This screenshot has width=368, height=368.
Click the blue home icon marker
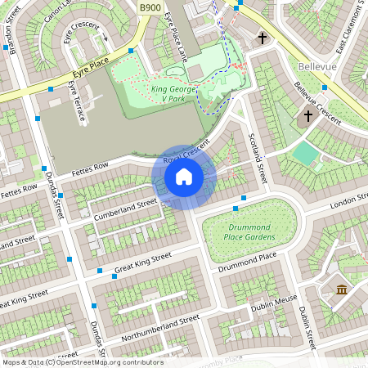pyautogui.click(x=184, y=177)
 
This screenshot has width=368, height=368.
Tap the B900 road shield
pyautogui.click(x=150, y=7)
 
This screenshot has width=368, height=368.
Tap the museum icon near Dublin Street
pyautogui.click(x=341, y=289)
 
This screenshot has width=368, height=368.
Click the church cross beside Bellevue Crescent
pyautogui.click(x=308, y=117)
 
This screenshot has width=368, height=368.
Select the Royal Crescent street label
pyautogui.click(x=187, y=155)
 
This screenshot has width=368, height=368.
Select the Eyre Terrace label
pyautogui.click(x=77, y=101)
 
